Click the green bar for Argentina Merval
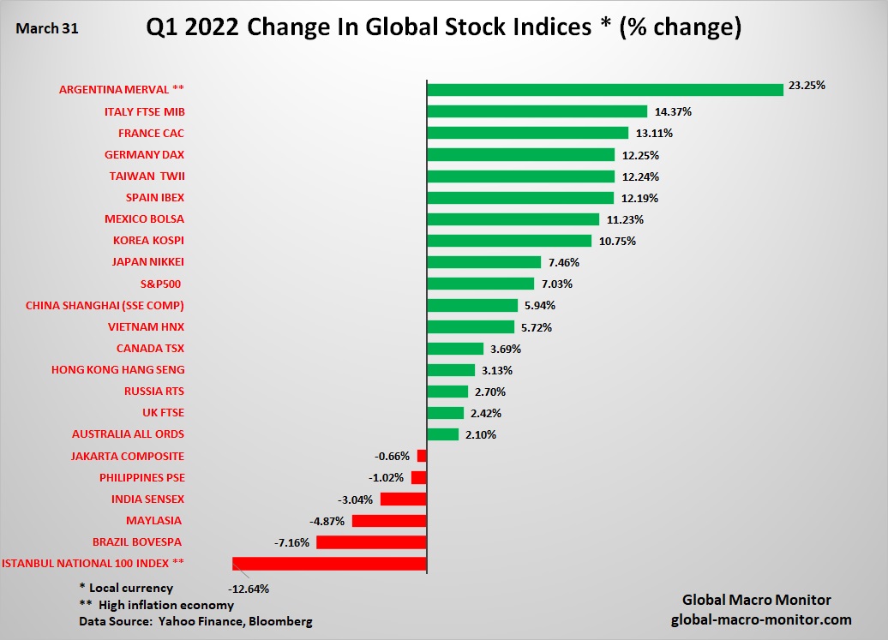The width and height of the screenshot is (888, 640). (605, 89)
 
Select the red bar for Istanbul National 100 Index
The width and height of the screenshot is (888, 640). (329, 564)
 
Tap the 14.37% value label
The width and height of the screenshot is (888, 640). (673, 111)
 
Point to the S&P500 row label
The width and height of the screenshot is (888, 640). (159, 284)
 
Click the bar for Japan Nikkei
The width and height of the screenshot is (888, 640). (483, 262)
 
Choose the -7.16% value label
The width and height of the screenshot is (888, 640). (292, 542)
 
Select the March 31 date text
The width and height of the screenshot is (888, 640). (47, 28)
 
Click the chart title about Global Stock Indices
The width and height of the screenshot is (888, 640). (443, 27)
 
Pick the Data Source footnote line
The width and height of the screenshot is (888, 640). (195, 621)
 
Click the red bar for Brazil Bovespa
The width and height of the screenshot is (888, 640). (371, 542)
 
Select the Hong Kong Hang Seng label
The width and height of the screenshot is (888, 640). (129, 369)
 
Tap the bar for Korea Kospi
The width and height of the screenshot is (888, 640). (509, 241)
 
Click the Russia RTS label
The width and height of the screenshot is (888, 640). (154, 391)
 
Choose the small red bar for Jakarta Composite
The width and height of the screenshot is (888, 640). (422, 456)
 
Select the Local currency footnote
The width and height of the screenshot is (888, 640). (126, 588)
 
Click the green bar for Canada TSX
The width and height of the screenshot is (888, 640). (455, 349)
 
